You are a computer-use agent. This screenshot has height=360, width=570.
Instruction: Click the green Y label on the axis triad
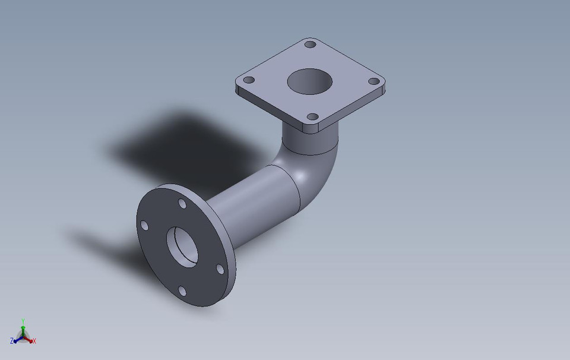coord(23,320)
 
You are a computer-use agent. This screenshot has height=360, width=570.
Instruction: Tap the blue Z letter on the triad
coord(12,341)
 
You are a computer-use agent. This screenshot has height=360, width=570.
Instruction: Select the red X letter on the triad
coord(34,341)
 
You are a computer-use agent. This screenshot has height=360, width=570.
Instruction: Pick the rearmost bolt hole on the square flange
coord(310,44)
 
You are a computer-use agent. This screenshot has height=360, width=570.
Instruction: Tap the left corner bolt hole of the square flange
coord(249,80)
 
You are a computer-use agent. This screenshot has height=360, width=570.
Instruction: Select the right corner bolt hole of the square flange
coord(373,81)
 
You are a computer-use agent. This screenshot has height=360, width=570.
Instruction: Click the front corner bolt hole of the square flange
coord(311,118)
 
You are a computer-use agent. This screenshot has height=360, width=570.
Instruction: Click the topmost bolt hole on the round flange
coord(183,204)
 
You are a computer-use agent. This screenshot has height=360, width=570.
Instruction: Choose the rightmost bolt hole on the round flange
coord(220,269)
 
